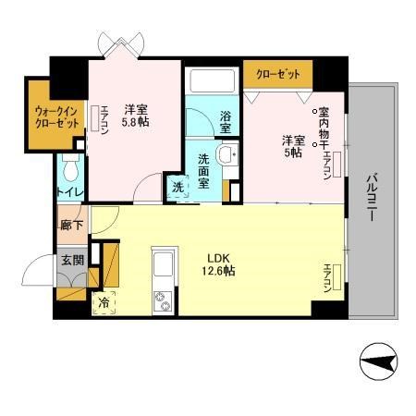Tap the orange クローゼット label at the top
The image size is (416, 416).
277,72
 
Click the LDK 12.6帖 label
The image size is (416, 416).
218,263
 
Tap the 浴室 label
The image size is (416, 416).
226,119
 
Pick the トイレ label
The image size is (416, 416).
70,192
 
